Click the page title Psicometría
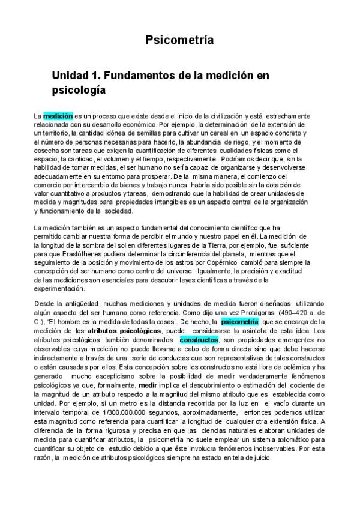tap(180, 40)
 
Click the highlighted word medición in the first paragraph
tap(58, 115)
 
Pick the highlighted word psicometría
tap(240, 322)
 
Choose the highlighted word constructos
tap(199, 340)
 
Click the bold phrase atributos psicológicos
tap(124, 331)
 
